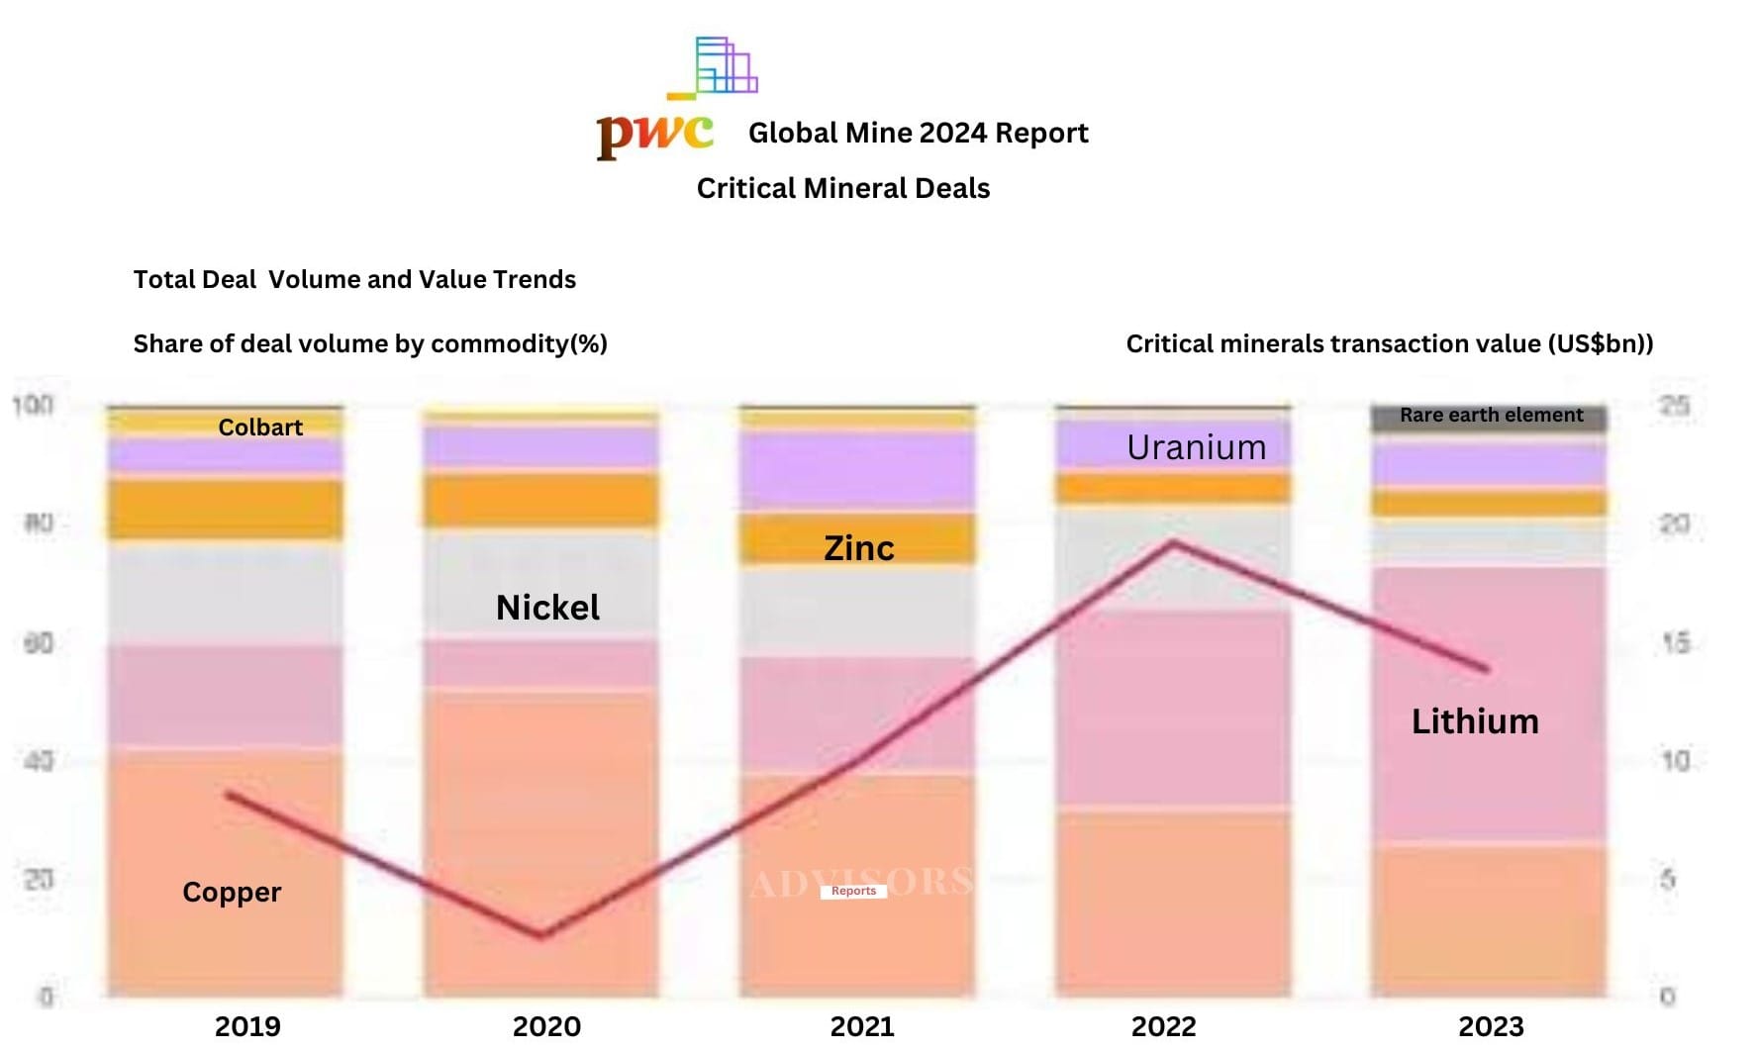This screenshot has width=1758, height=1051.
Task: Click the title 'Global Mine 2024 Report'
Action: coord(918,133)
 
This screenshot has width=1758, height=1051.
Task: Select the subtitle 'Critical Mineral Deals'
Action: coord(842,188)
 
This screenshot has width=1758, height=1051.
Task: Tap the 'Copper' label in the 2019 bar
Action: coord(232,892)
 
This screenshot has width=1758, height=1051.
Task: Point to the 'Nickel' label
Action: coord(547,607)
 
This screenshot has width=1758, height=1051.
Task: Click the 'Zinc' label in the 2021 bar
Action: coord(858,547)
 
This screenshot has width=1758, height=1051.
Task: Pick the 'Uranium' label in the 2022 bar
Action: coord(1196,447)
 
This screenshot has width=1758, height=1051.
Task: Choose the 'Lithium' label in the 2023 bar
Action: coord(1475,720)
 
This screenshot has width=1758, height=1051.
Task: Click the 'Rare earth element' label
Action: coord(1491,415)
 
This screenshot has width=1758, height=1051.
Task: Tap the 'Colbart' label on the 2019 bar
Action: coord(260,427)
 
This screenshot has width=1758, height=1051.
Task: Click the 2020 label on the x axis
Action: coord(546,1026)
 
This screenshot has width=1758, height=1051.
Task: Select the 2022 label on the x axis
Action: coord(1163,1026)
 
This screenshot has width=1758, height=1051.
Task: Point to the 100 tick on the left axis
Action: coord(33,405)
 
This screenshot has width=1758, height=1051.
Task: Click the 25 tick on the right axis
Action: coord(1674,406)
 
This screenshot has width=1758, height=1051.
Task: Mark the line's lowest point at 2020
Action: coord(541,934)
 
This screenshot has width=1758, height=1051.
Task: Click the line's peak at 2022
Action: coord(1173,542)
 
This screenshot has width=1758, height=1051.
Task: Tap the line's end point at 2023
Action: coord(1487,669)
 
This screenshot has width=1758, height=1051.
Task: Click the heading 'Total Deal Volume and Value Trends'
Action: coord(354,279)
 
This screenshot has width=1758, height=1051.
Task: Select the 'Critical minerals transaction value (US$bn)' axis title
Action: coord(1390,343)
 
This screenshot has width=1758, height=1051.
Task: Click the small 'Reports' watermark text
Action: coord(853,891)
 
